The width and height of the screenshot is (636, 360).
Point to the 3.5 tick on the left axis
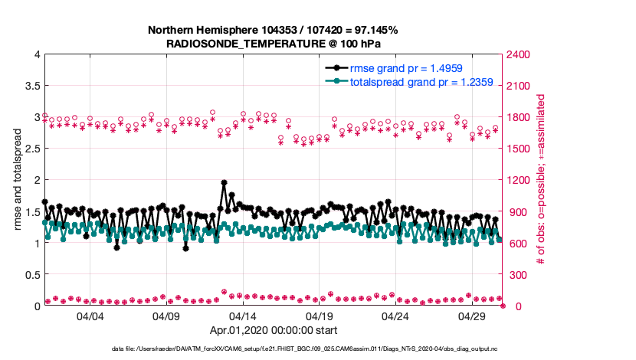(31, 86)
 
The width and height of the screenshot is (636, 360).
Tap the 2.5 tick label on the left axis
(31, 149)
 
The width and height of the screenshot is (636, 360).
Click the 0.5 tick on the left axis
(31, 275)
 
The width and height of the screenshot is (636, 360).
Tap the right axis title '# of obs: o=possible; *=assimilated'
(541, 180)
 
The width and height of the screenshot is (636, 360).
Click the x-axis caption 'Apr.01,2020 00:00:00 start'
(274, 331)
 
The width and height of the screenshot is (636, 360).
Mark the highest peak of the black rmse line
(224, 183)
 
